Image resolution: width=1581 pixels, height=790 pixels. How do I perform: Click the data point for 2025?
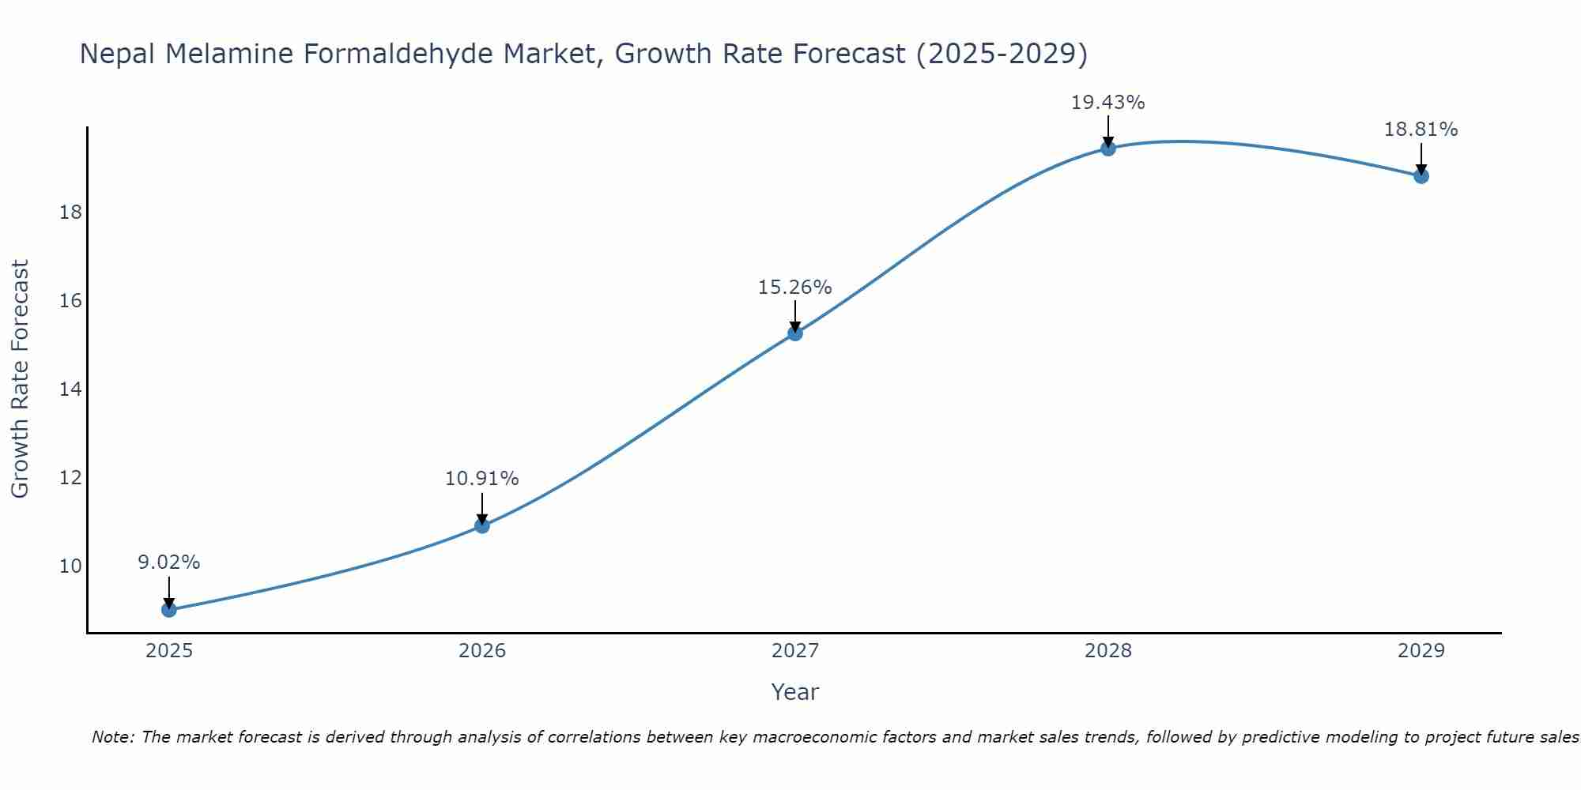168,609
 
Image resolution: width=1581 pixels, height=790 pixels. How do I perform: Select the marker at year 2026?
482,525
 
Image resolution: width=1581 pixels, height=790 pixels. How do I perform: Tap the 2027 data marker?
795,333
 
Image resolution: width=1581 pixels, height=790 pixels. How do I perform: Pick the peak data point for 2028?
1108,148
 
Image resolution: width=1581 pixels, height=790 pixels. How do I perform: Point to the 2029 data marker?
1421,175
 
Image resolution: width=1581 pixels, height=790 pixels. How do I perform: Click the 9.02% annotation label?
168,562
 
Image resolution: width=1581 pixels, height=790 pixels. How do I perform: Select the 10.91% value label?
481,479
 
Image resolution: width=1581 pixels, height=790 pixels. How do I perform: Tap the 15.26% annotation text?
794,288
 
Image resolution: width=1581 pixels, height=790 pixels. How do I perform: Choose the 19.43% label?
1107,103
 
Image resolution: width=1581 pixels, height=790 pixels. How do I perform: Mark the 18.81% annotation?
1421,130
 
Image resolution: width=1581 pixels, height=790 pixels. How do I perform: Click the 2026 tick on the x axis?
482,651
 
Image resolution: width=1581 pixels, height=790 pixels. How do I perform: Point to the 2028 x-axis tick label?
1108,651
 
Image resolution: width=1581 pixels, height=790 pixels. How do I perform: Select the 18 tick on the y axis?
71,213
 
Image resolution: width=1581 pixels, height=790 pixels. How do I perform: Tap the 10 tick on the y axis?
71,566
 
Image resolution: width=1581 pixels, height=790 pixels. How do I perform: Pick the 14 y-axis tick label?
71,389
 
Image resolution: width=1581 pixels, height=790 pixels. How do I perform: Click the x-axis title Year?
794,692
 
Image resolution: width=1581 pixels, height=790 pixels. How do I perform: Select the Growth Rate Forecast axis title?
20,379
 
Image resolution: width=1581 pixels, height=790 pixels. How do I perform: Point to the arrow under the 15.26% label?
795,316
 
